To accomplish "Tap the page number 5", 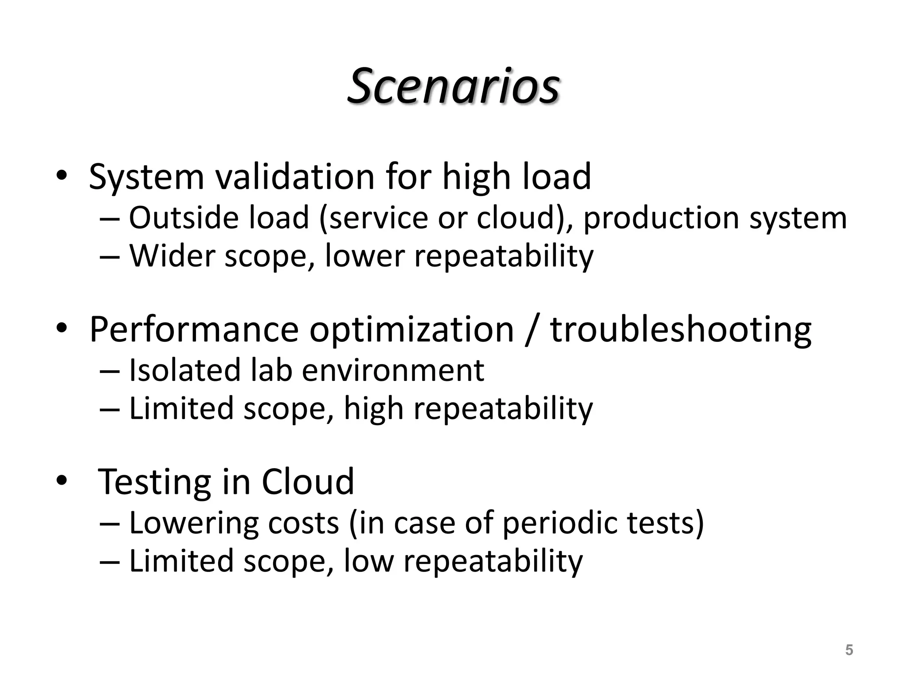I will (849, 650).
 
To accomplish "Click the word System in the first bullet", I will (146, 177).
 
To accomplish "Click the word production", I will (661, 219).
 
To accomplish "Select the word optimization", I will (411, 330).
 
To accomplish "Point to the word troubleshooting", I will (681, 330).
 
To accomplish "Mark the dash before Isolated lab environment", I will (110, 371).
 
